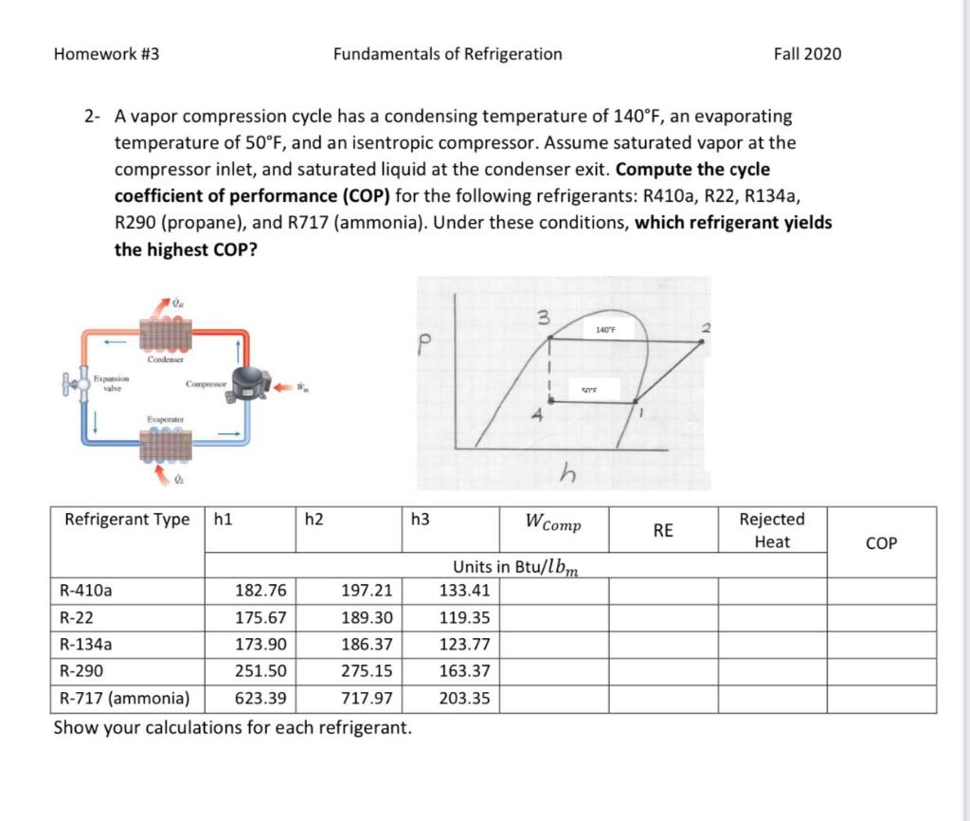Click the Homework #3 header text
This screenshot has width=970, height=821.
[x=106, y=54]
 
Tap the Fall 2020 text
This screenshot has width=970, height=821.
[x=807, y=54]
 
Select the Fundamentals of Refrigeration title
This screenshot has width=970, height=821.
[x=447, y=54]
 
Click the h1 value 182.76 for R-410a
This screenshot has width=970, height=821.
[x=260, y=591]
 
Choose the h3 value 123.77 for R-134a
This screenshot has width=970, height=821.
[x=465, y=645]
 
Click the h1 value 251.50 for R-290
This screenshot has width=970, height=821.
[x=260, y=672]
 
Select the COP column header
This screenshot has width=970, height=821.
[x=881, y=543]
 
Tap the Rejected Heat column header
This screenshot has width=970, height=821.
[x=772, y=531]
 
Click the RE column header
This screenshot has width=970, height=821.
[x=663, y=531]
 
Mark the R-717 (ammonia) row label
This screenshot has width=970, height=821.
[x=124, y=700]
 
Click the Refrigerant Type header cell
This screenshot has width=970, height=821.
[x=127, y=520]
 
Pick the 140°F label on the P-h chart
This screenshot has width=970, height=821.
[x=606, y=330]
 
